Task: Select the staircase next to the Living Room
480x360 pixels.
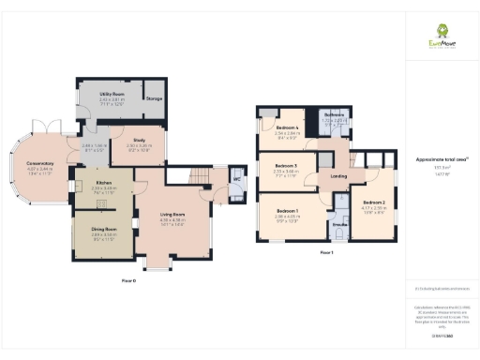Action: click(x=198, y=177)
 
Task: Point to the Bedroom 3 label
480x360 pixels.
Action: click(x=286, y=165)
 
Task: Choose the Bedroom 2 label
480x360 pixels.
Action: click(x=374, y=202)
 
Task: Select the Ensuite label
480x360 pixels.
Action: click(x=339, y=224)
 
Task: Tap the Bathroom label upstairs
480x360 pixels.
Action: click(x=335, y=114)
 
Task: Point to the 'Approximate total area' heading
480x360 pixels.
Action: click(x=442, y=159)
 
